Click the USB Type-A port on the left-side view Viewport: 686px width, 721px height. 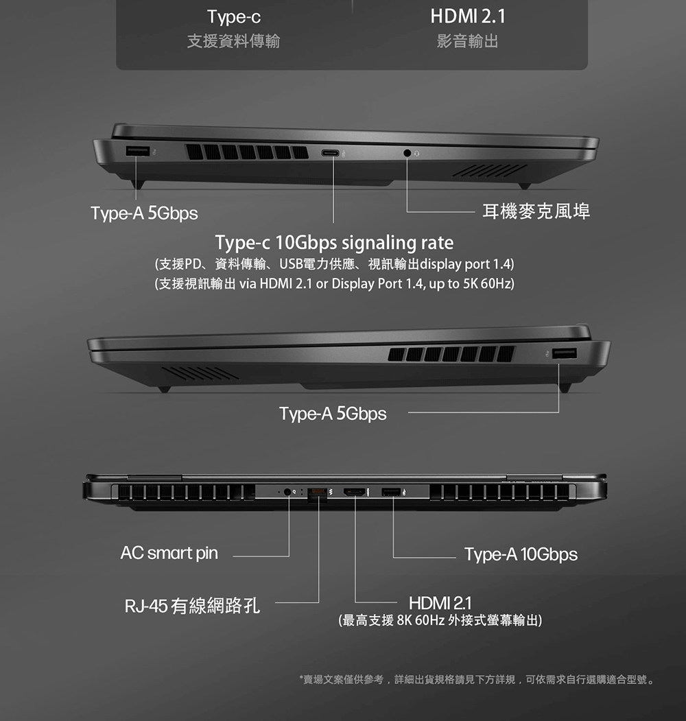point(137,150)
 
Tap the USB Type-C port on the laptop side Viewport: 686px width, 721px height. point(330,153)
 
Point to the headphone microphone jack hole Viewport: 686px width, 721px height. point(407,153)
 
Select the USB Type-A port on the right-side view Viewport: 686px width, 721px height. point(564,353)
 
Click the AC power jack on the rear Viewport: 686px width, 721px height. point(288,492)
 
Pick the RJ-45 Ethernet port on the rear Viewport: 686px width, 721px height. point(317,493)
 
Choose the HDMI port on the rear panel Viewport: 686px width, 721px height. point(355,493)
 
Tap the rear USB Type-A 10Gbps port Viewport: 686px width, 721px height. point(391,493)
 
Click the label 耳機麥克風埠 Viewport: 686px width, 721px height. point(536,211)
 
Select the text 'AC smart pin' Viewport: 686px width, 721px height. point(169,553)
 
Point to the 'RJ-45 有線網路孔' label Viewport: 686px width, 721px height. point(192,605)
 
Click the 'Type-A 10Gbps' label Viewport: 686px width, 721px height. point(521,554)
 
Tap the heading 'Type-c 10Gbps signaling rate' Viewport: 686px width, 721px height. point(334,242)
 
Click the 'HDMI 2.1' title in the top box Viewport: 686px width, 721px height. point(468,16)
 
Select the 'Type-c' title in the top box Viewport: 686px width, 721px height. point(234,17)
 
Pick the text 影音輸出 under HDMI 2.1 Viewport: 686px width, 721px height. point(468,41)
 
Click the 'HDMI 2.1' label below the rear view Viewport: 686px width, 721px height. point(440,602)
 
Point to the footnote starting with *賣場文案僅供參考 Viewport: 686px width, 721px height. point(477,679)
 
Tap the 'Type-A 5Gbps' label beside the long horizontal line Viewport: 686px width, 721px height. point(333,414)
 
